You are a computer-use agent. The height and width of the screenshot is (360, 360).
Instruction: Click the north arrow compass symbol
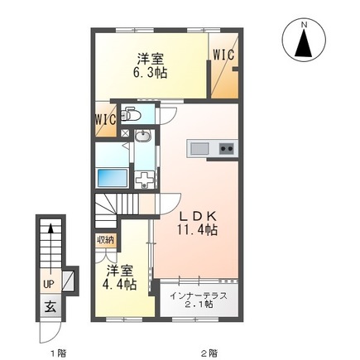coord(305,41)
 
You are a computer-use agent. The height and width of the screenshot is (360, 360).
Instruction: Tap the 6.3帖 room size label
coord(151,73)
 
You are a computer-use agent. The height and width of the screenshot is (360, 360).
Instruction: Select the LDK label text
coord(197,217)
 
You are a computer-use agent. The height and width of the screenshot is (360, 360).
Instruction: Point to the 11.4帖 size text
coord(197,229)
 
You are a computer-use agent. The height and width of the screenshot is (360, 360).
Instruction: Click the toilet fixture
coord(127,113)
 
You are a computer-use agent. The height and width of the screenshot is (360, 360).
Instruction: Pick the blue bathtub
coord(113,178)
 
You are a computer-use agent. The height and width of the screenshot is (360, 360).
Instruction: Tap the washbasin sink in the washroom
coord(142,136)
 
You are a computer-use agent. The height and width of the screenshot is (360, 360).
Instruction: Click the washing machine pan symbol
coord(146,179)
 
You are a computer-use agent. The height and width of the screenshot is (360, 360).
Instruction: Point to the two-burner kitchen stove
coord(227,149)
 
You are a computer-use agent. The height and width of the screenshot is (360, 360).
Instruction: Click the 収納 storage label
coord(105,240)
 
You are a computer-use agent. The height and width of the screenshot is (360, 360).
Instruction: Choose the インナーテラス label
coord(199,296)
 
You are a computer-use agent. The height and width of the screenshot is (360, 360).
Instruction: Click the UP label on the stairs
coord(49,285)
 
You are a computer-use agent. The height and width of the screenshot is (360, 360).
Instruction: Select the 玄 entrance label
coord(50,306)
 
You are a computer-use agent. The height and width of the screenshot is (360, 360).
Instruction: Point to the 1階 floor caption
coord(59,353)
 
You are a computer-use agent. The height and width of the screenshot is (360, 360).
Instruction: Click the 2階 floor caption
coord(210,353)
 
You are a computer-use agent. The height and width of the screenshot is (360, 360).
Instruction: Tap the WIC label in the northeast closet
coord(223,55)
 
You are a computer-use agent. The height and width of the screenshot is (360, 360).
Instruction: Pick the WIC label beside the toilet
coord(106,120)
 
